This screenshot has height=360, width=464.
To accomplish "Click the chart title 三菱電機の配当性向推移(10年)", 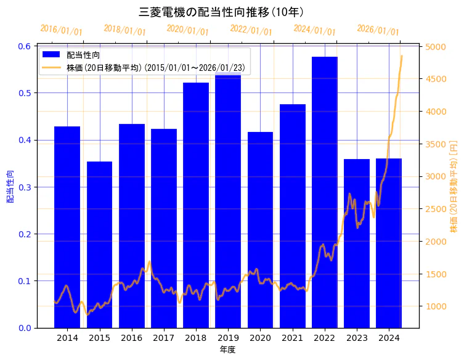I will [x=221, y=12].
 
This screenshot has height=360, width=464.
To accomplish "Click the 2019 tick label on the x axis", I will [x=228, y=338].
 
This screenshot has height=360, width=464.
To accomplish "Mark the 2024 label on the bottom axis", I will [x=389, y=338].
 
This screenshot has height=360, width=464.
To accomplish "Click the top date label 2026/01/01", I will [x=378, y=31].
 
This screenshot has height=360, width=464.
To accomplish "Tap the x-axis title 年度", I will [x=227, y=350].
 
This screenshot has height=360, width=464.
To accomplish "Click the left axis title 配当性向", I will [x=10, y=187].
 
